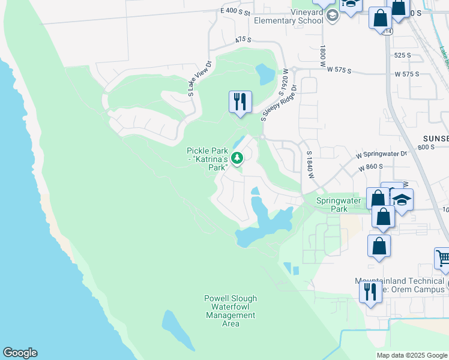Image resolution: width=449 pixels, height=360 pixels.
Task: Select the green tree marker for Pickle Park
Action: tap(238, 158)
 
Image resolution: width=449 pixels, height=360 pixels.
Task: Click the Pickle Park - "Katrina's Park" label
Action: tap(208, 159)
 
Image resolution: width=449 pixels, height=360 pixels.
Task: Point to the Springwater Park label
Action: tap(331, 205)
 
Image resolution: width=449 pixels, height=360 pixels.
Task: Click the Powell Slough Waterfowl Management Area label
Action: tap(231, 311)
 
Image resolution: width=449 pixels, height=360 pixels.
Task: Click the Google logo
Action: tap(20, 353)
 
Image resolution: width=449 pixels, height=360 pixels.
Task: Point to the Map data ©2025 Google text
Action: tap(411, 355)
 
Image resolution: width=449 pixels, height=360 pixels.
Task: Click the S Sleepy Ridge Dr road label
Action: tap(279, 103)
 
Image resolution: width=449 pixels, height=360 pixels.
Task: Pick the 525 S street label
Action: tap(402, 55)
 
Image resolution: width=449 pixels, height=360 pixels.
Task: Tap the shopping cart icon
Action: tap(443, 258)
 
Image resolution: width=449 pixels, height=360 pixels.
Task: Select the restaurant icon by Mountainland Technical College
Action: tap(370, 292)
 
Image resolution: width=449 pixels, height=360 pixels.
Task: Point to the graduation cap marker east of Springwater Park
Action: tap(402, 200)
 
